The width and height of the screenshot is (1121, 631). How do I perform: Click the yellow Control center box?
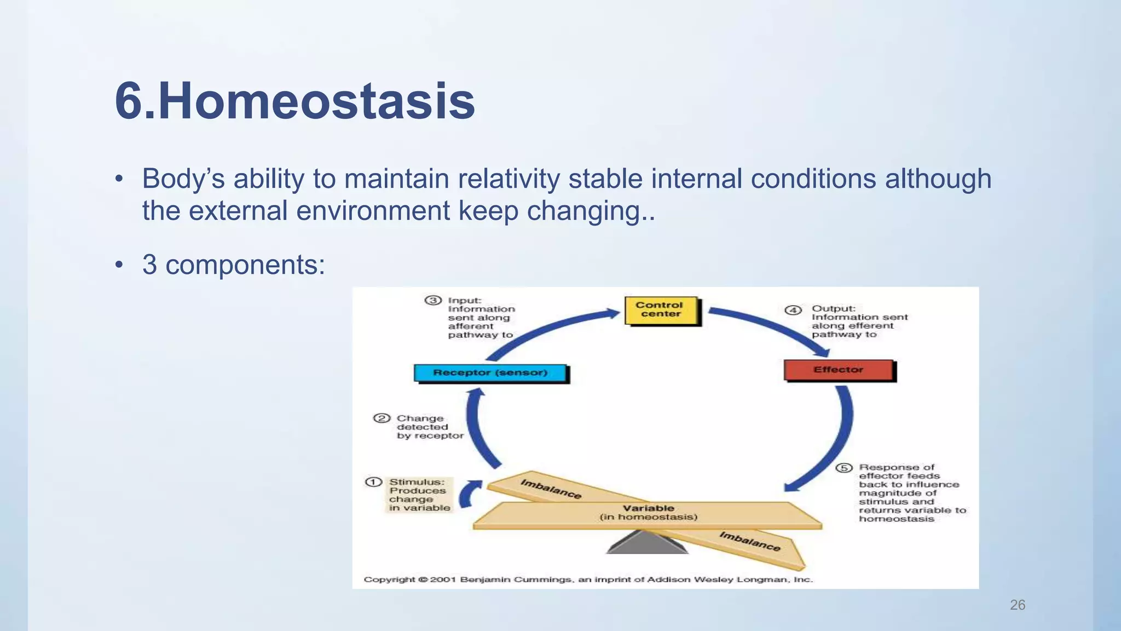[661, 310]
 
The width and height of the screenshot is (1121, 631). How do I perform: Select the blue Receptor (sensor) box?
[490, 372]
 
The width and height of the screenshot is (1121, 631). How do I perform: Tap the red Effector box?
[838, 370]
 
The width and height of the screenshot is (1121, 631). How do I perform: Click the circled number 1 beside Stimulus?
[373, 482]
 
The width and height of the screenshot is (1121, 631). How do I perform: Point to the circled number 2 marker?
[381, 418]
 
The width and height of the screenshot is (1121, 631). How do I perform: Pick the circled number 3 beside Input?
[432, 300]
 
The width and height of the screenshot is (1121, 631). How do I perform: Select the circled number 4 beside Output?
[793, 310]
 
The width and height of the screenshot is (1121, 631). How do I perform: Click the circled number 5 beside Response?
[843, 468]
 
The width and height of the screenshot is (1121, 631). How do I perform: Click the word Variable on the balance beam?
[648, 508]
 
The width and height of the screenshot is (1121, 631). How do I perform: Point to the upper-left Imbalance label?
[550, 489]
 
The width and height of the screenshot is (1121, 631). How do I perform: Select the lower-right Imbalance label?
[749, 541]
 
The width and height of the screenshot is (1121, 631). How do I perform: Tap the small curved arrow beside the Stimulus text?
[469, 495]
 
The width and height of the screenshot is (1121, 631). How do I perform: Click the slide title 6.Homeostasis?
[294, 101]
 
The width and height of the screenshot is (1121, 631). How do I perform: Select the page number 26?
[1017, 605]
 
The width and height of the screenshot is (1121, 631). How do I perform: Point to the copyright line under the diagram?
[588, 580]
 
